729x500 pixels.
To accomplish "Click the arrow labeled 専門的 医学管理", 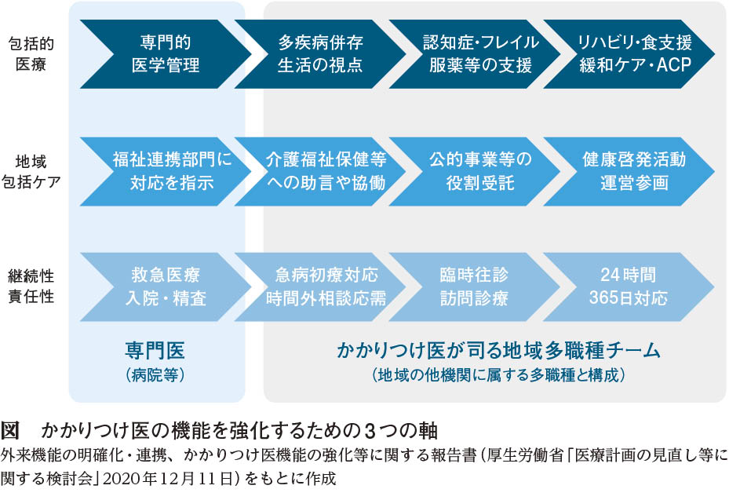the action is (166, 54).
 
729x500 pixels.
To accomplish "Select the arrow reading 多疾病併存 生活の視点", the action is (320, 54).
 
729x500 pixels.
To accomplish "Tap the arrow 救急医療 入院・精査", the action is (166, 287).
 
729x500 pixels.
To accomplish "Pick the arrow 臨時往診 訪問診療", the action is (474, 287).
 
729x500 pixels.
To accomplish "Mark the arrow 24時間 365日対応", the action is (629, 287).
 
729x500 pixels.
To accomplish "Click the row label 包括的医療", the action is (31, 54).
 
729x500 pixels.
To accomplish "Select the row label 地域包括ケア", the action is (31, 172).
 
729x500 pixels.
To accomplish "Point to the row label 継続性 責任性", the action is (31, 286).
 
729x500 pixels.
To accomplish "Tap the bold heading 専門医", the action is (155, 350).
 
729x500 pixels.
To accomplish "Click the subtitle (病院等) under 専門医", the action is (155, 375).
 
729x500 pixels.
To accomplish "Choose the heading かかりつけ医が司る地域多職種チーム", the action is (498, 350).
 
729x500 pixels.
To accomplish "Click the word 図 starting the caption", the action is (9, 430).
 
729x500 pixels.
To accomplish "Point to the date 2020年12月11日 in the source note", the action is (168, 479).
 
